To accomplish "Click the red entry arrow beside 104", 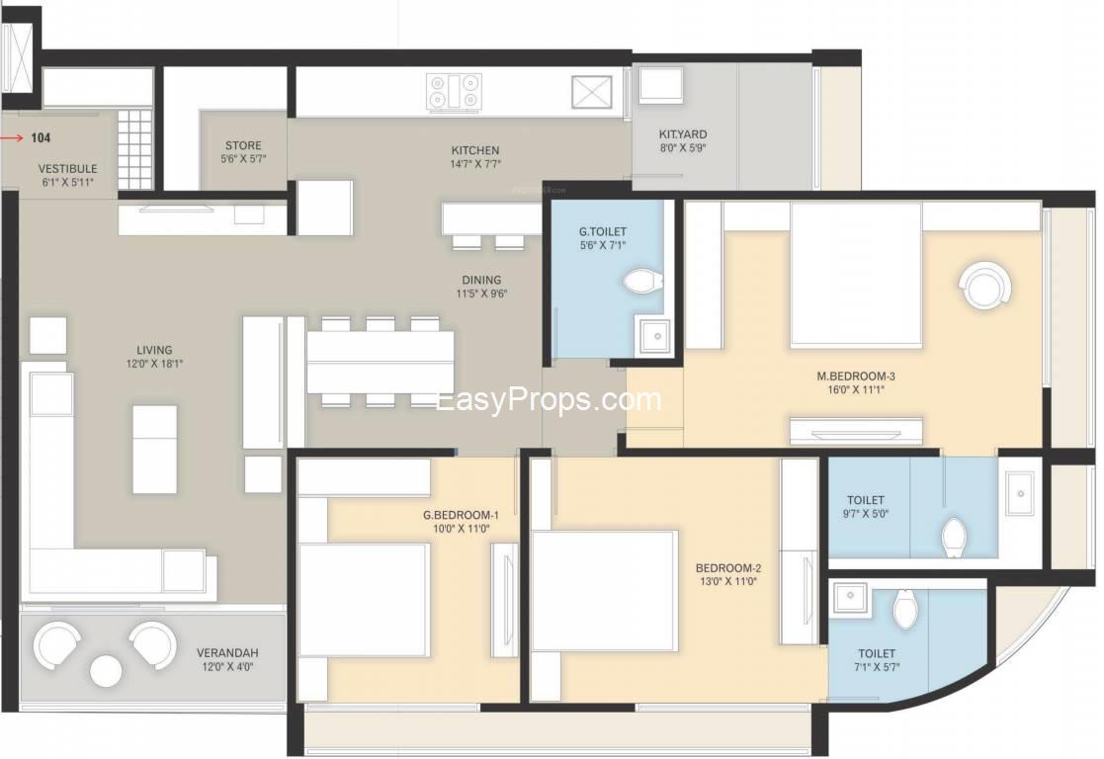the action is click(12, 138).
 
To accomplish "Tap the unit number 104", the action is click(41, 138).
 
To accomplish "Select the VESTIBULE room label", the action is click(67, 169).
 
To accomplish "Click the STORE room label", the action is click(243, 145).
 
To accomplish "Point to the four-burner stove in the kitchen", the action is click(455, 92).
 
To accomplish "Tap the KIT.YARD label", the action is click(683, 133).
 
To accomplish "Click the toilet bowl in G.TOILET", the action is click(643, 282).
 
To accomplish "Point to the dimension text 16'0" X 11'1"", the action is click(856, 389).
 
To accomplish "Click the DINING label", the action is click(481, 280).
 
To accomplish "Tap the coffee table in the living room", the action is click(155, 449).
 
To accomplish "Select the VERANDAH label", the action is click(227, 652).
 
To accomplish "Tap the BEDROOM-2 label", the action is click(728, 568).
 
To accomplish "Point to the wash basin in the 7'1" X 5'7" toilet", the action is click(848, 598).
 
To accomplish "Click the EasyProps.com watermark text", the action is click(549, 400).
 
